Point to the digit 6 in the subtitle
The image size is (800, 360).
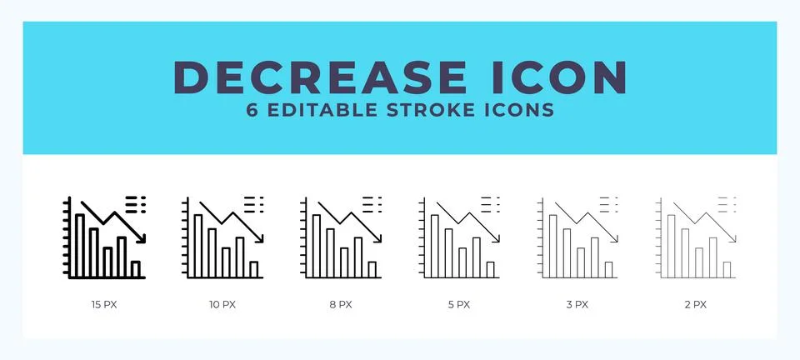click(252, 110)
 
